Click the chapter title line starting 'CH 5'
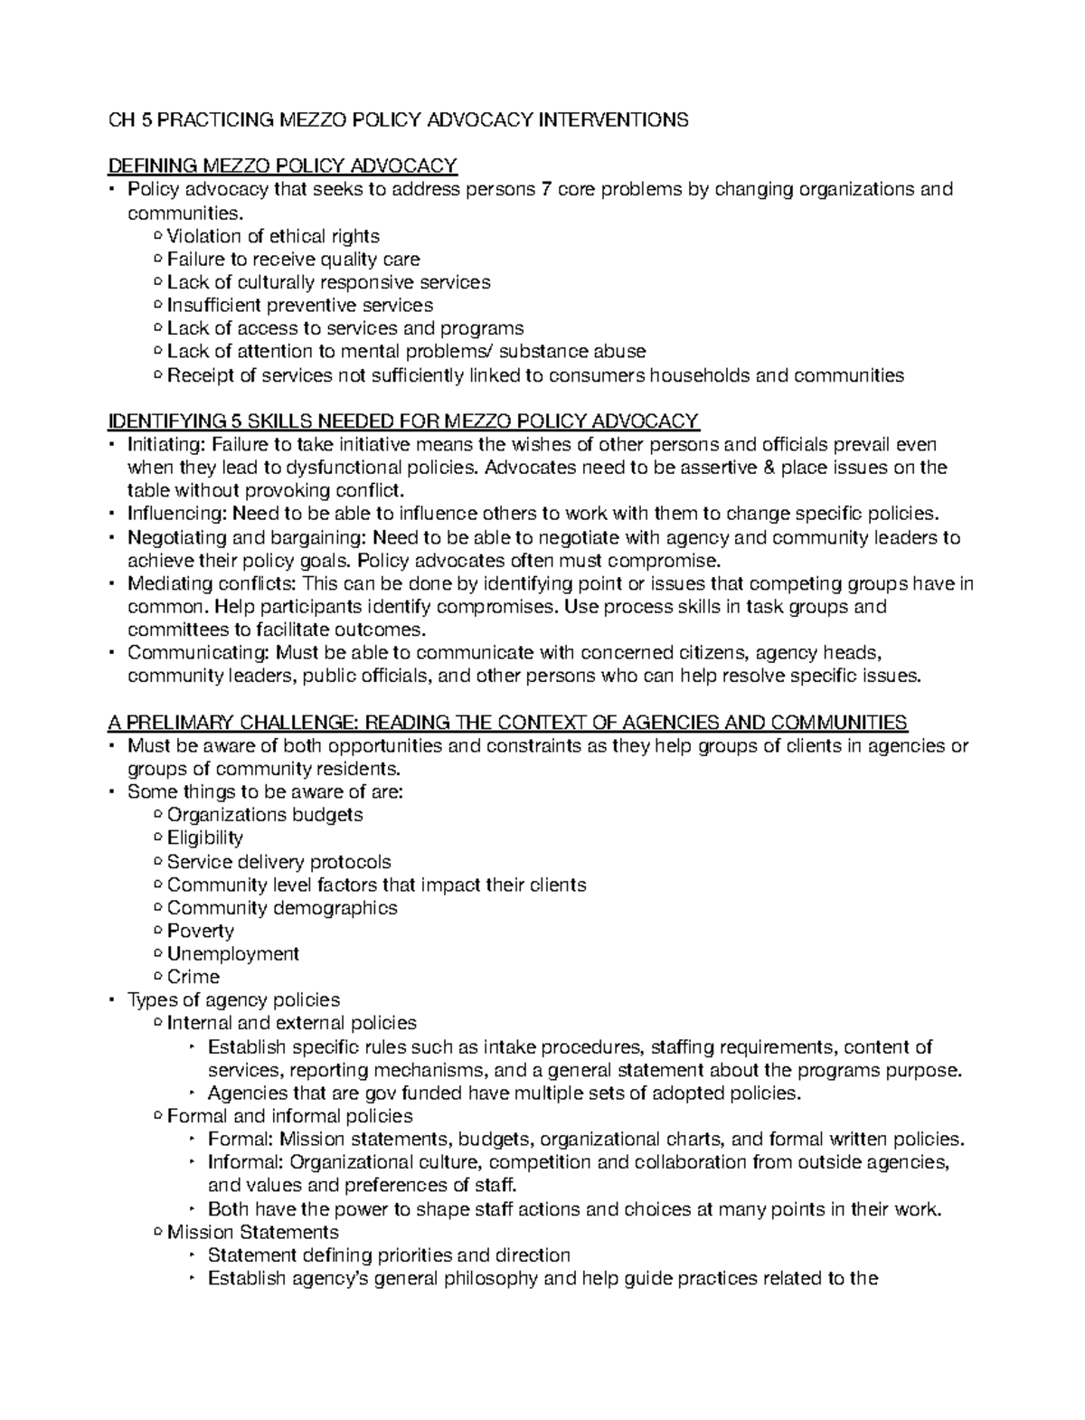pyautogui.click(x=398, y=120)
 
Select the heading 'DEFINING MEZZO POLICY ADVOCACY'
pyautogui.click(x=282, y=166)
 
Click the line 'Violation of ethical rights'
pyautogui.click(x=273, y=237)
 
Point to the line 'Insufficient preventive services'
pyautogui.click(x=300, y=306)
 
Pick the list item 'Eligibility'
pyautogui.click(x=205, y=838)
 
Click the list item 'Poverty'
pyautogui.click(x=201, y=932)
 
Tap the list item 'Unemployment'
pyautogui.click(x=233, y=954)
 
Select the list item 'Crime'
pyautogui.click(x=193, y=978)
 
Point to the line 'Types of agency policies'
pyautogui.click(x=233, y=1000)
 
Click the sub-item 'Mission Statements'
pyautogui.click(x=253, y=1233)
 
